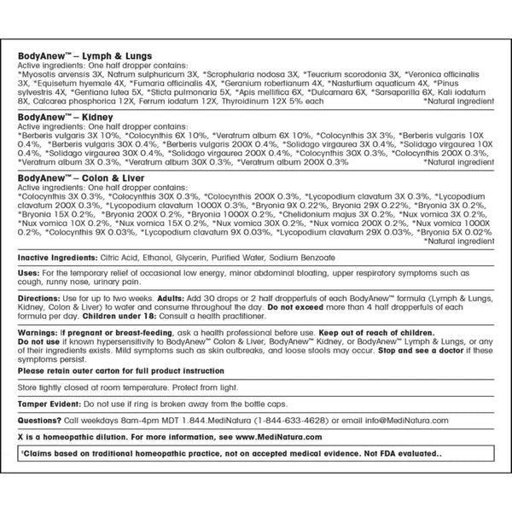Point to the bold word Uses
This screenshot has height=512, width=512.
tap(28, 272)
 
